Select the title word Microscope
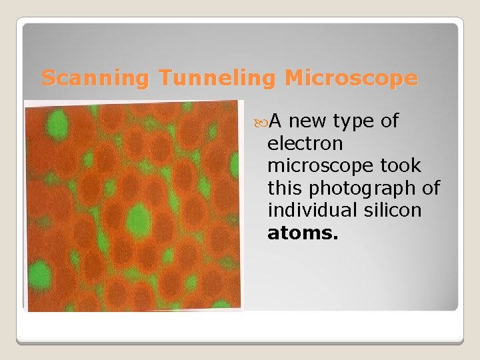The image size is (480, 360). [351, 79]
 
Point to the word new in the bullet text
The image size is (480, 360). [309, 121]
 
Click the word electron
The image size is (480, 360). [305, 143]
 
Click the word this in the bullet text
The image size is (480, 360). [287, 189]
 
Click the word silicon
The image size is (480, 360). [396, 211]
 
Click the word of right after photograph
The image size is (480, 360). [431, 189]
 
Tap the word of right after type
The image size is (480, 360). [389, 121]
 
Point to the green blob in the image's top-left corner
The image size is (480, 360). [59, 123]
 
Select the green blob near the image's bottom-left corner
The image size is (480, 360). [39, 275]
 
